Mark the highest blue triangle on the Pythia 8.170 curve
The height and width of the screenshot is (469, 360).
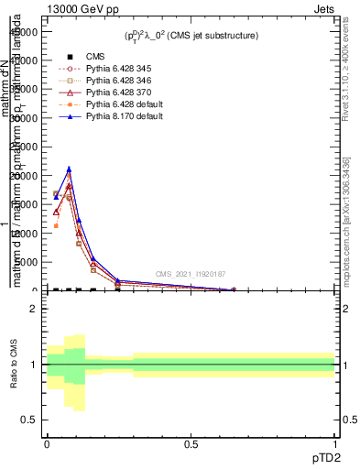tap(69, 169)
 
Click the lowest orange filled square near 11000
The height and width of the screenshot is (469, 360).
tap(57, 225)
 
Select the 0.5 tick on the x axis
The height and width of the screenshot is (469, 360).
tap(191, 443)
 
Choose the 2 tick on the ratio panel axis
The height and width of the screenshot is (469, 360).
tap(34, 309)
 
